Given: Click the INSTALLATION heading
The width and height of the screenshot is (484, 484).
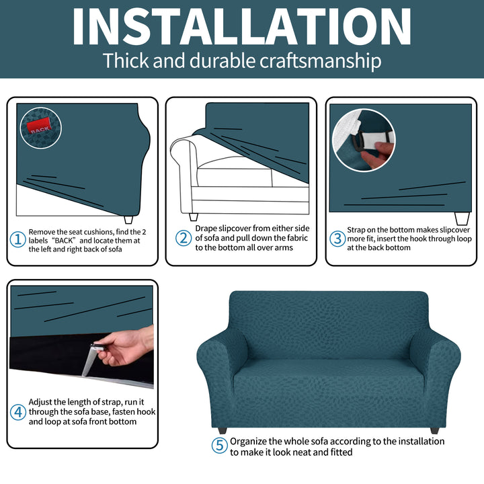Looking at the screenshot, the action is point(242,26).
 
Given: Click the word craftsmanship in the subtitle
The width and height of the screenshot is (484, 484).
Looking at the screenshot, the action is point(321,61).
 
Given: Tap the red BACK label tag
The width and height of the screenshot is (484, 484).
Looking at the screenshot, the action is point(39,126).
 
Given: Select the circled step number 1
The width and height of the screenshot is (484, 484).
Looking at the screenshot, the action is point(18,240).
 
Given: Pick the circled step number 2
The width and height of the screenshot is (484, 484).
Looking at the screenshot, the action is point(184,238).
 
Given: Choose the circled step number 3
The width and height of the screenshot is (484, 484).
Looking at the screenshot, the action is point(337,239).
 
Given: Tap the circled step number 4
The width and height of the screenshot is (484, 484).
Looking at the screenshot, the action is point(18,412).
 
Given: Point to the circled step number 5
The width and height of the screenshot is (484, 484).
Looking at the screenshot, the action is point(219,445).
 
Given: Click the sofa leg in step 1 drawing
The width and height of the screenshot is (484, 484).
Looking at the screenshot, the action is point(128,219).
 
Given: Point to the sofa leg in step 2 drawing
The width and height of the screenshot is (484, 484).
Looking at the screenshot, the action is point(194,217).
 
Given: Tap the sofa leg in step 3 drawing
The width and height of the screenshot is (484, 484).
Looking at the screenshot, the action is point(462,218).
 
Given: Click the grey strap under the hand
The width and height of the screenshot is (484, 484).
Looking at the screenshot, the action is point(90,360).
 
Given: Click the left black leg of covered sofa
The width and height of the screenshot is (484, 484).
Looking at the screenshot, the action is point(222,430).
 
